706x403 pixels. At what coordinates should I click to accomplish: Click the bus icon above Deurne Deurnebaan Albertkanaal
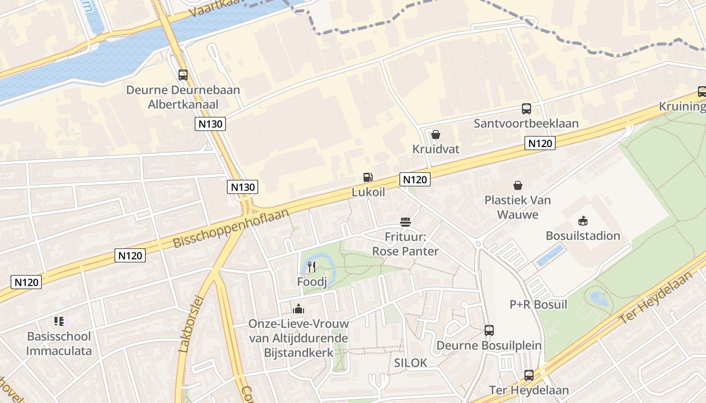click(183, 75)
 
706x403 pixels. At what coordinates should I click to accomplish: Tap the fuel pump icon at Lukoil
click(368, 177)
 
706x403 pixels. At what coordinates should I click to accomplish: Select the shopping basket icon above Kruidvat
click(436, 135)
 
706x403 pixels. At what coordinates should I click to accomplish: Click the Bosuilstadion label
click(583, 236)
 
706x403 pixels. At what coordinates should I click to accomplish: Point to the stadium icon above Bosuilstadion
click(583, 221)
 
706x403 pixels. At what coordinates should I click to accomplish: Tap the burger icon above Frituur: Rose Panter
click(405, 222)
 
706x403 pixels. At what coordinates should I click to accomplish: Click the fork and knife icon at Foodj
click(312, 267)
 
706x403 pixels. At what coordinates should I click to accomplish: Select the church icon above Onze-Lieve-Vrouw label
click(299, 308)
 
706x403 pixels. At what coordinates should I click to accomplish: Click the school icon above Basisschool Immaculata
click(59, 321)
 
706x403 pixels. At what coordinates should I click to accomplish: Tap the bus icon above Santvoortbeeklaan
click(526, 108)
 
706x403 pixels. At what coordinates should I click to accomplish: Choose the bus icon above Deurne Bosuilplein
click(489, 330)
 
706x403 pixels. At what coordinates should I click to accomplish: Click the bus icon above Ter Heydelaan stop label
click(528, 375)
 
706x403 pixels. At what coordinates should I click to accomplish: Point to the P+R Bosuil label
click(538, 305)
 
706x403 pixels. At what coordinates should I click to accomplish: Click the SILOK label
click(410, 363)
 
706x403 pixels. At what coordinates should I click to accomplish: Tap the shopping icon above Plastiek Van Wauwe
click(517, 185)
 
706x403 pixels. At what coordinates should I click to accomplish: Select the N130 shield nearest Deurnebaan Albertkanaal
click(210, 124)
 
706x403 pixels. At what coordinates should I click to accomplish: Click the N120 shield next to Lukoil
click(415, 179)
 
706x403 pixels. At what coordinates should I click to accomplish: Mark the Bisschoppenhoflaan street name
click(231, 228)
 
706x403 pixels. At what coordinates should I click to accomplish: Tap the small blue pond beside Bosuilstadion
click(550, 255)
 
